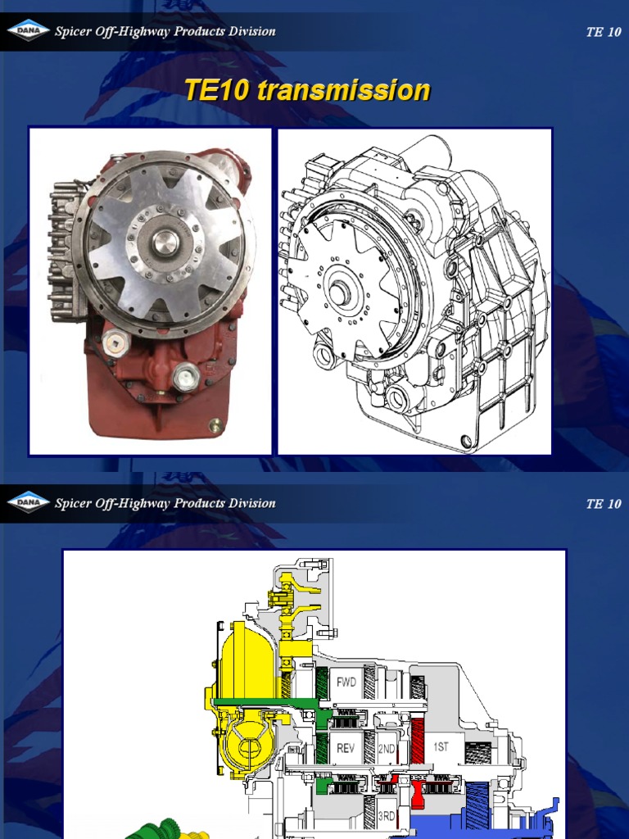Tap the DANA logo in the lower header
pyautogui.click(x=29, y=503)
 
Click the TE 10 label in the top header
pyautogui.click(x=604, y=33)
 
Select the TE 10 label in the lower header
pyautogui.click(x=604, y=504)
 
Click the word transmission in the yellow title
pyautogui.click(x=343, y=90)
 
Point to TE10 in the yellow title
pyautogui.click(x=217, y=90)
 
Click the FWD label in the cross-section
pyautogui.click(x=346, y=683)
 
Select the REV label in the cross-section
pyautogui.click(x=346, y=747)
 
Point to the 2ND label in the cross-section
pyautogui.click(x=386, y=747)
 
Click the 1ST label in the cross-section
pyautogui.click(x=441, y=746)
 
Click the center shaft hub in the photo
pyautogui.click(x=165, y=242)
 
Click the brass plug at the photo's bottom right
pyautogui.click(x=215, y=425)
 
